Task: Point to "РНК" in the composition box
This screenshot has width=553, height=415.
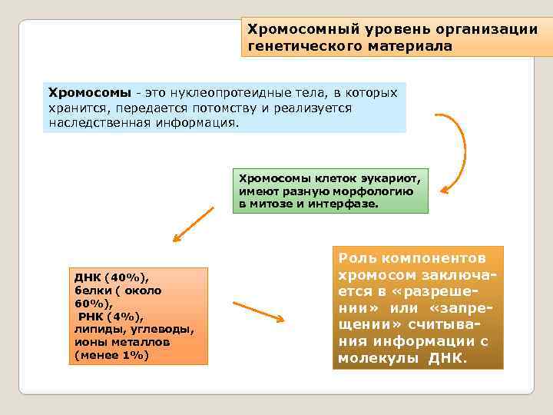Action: (91, 317)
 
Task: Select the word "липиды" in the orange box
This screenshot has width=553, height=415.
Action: (94, 330)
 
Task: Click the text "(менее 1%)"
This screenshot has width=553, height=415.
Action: (111, 356)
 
